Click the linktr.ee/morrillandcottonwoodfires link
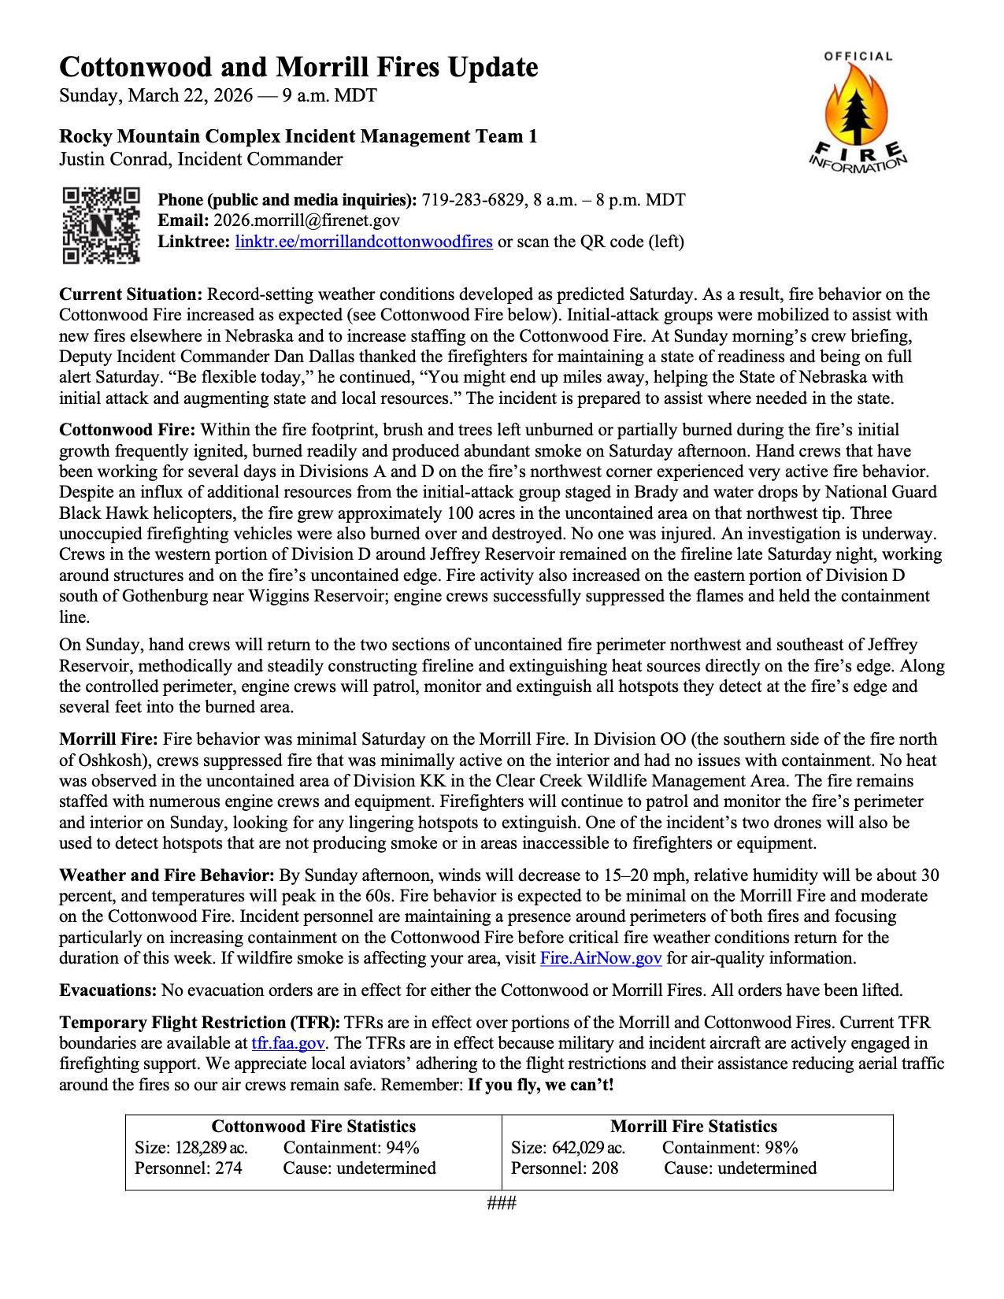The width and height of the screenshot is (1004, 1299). point(364,242)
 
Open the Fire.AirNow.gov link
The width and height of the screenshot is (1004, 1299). point(601,958)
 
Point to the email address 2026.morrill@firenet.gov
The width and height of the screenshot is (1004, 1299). point(306,221)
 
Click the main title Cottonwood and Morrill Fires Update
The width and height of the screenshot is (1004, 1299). point(298,68)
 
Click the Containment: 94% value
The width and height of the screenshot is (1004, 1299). point(351,1148)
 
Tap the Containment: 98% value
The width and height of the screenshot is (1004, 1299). point(730,1148)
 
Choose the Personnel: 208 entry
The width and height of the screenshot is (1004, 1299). point(565,1168)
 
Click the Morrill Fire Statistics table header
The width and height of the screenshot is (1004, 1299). point(694,1127)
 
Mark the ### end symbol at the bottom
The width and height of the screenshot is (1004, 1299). point(502,1203)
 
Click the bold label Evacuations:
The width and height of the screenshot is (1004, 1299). point(109,990)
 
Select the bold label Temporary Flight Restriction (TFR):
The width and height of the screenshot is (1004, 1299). point(200,1023)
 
